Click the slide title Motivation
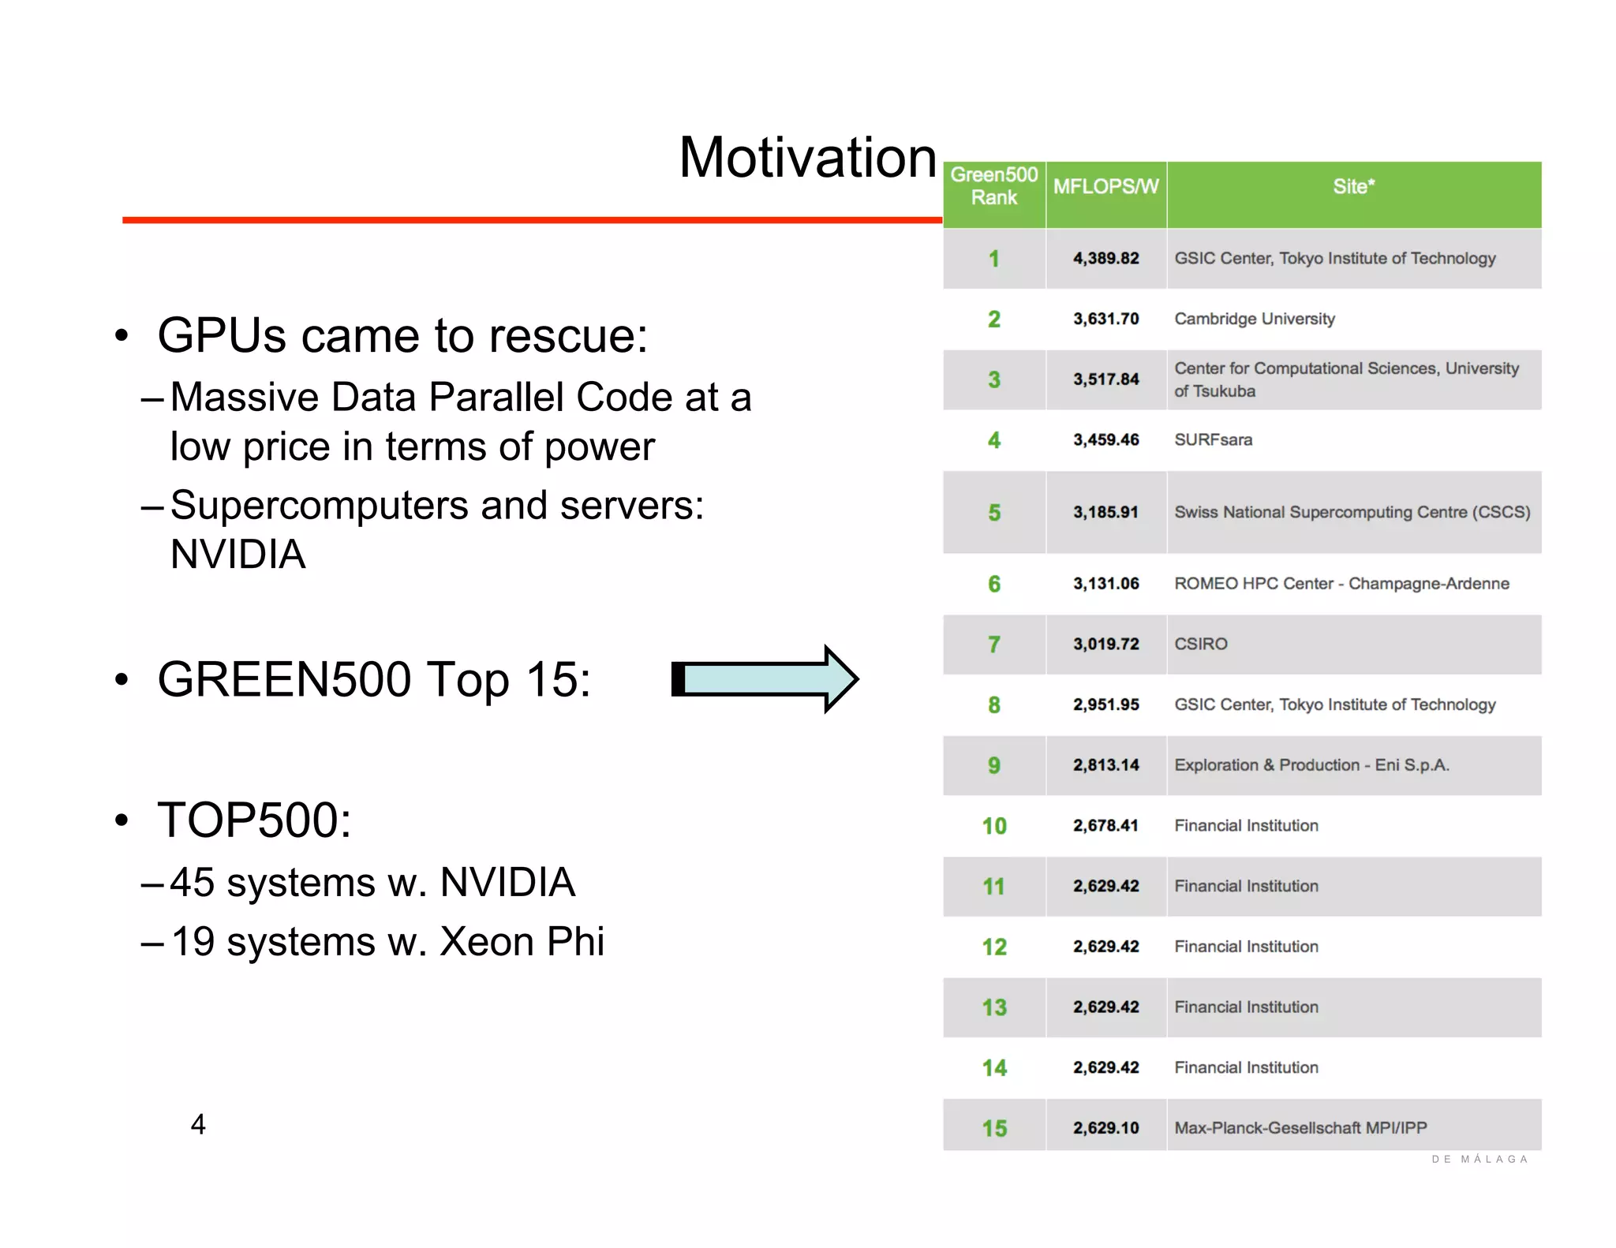click(x=807, y=158)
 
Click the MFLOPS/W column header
click(x=1105, y=187)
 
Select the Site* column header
click(x=1353, y=187)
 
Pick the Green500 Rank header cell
click(x=993, y=186)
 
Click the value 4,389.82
click(x=1105, y=259)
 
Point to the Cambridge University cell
click(x=1254, y=319)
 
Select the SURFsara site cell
click(x=1213, y=440)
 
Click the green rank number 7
click(x=993, y=645)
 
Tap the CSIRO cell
click(x=1200, y=645)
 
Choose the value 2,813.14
click(x=1105, y=765)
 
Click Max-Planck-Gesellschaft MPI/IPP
click(x=1300, y=1128)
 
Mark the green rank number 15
click(x=993, y=1128)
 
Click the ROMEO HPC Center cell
click(x=1341, y=584)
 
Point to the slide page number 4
click(x=198, y=1124)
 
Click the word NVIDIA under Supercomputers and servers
click(x=238, y=554)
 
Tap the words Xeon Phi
click(x=522, y=942)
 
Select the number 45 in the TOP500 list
click(x=192, y=882)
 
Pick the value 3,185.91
click(x=1105, y=513)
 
